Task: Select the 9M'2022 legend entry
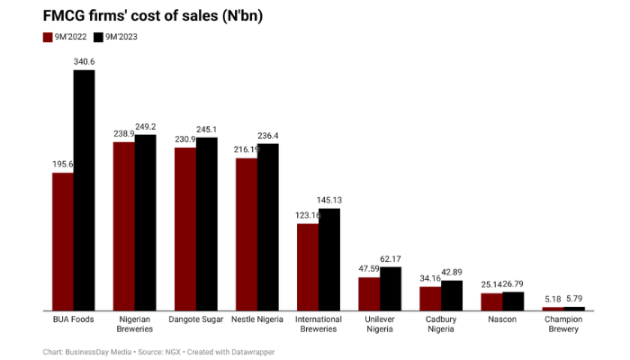(x=69, y=37)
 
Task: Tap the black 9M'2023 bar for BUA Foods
(x=84, y=190)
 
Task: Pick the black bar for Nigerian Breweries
(x=145, y=222)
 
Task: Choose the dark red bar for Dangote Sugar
(x=184, y=229)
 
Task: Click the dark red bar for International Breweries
(x=307, y=266)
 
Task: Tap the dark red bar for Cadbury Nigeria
(x=430, y=298)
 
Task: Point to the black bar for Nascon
(x=513, y=301)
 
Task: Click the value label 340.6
(x=84, y=61)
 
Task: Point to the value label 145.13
(x=329, y=200)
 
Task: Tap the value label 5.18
(x=552, y=299)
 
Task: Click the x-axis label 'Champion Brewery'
(x=562, y=323)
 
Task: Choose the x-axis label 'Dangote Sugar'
(x=195, y=318)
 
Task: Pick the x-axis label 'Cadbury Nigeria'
(x=440, y=323)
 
